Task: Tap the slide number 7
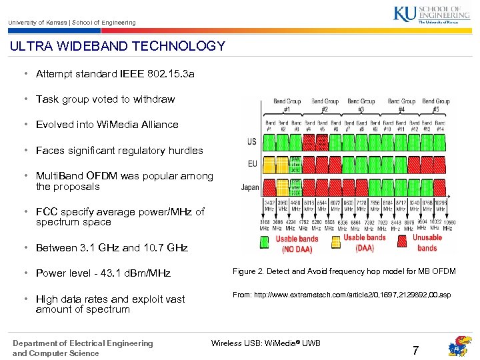415,351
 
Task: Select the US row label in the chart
251,141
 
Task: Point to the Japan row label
250,187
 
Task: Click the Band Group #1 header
287,105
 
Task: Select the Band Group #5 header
436,105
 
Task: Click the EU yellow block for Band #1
270,164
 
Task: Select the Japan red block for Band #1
270,187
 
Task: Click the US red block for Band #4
309,142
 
